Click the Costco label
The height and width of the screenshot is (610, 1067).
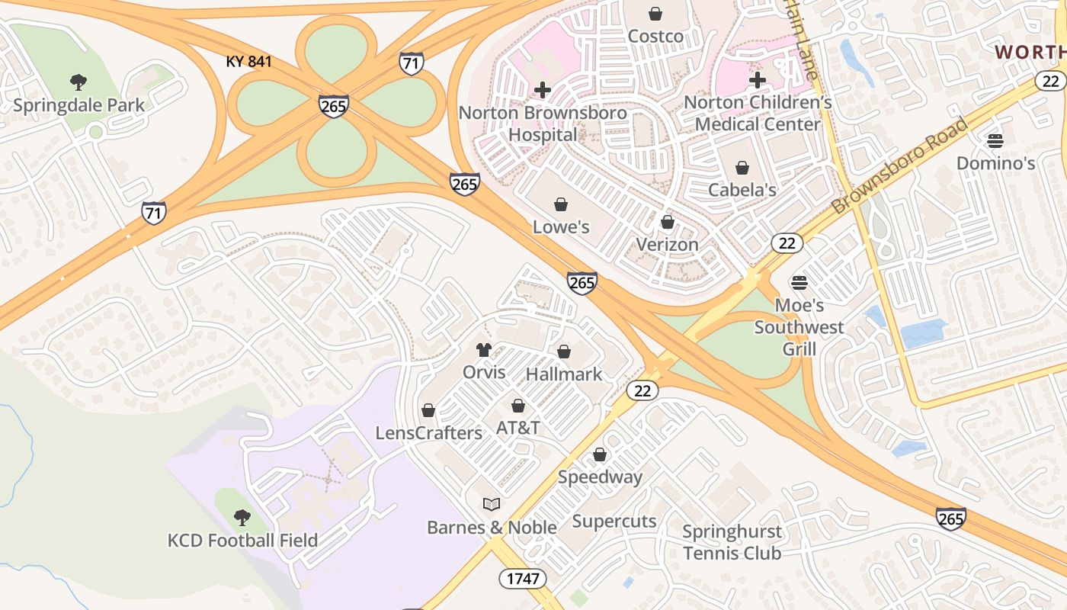[x=655, y=36]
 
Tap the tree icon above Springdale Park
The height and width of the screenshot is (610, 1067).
[x=78, y=82]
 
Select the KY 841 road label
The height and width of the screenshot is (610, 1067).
[x=248, y=61]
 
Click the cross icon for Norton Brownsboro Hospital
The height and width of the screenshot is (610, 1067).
[x=543, y=90]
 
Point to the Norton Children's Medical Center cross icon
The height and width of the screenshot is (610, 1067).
[x=757, y=80]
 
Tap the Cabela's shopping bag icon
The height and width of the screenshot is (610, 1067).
[x=742, y=168]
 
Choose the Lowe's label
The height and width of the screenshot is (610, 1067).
[x=561, y=226]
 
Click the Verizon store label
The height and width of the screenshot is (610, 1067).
[x=667, y=244]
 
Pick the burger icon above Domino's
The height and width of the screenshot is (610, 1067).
[x=995, y=140]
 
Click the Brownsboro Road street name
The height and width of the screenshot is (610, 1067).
[x=899, y=165]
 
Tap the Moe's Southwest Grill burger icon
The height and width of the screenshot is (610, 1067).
[x=799, y=283]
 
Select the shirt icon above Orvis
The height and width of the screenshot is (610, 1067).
[x=484, y=350]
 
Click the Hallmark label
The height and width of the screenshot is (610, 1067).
[x=564, y=374]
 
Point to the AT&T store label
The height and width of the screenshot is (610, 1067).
[x=518, y=428]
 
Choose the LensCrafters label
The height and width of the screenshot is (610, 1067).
[x=429, y=433]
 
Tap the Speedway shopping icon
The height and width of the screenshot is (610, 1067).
[x=601, y=454]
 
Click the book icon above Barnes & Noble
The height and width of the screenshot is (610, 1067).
[x=492, y=504]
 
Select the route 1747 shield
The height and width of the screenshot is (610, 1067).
[x=524, y=578]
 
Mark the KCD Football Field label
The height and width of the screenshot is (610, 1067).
[x=242, y=541]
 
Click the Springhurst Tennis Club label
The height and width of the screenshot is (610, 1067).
[x=732, y=542]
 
